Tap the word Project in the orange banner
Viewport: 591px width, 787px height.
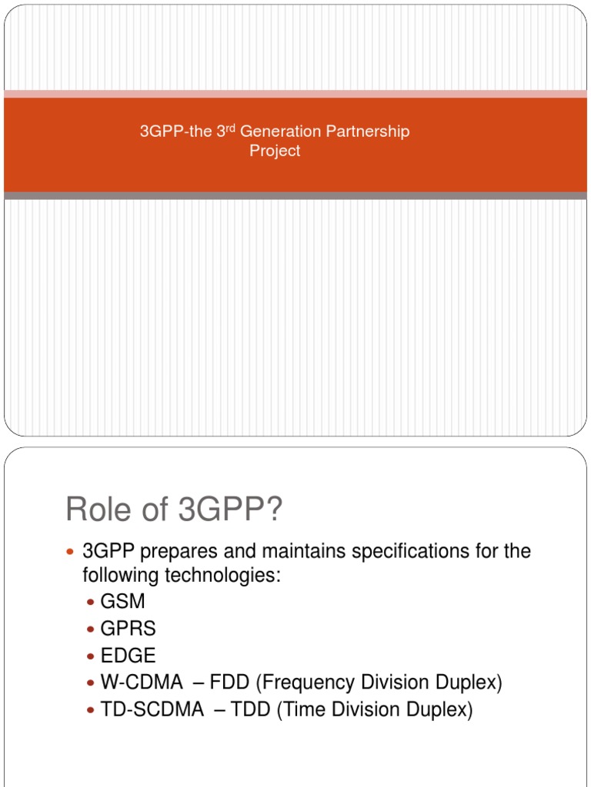pos(275,151)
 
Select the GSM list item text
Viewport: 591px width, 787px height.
pos(122,602)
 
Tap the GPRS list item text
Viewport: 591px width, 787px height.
pos(128,629)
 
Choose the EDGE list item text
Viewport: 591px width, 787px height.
pos(128,656)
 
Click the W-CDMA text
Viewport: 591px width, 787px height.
pos(142,682)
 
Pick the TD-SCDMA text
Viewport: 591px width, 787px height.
pos(152,709)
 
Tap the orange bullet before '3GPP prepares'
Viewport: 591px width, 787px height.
pos(71,552)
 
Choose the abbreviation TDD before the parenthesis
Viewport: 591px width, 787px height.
pos(251,709)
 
